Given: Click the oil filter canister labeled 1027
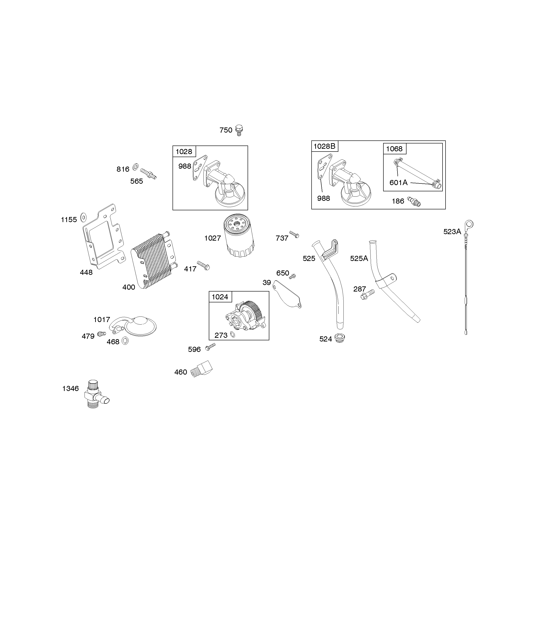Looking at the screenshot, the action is pos(239,236).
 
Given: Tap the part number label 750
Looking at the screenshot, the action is pos(226,130).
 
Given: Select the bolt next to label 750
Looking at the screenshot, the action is pos(239,130).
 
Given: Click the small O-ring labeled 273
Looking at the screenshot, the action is pos(233,335).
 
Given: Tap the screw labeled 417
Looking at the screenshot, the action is pos(203,265).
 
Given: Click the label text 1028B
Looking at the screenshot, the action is pos(325,146).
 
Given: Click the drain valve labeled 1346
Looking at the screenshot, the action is pos(96,395).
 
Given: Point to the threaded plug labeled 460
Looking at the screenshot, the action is pos(201,369).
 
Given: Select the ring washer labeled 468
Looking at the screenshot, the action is pos(125,341).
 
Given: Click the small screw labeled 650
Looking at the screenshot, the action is pos(292,276).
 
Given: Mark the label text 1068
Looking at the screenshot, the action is pos(394,149).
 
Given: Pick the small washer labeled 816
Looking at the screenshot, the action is pos(136,167).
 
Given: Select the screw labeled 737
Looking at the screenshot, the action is pos(294,235).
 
